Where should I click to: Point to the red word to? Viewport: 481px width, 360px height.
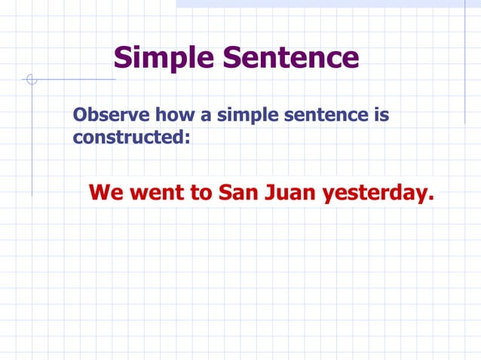click(x=201, y=193)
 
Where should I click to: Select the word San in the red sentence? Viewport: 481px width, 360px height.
click(x=238, y=193)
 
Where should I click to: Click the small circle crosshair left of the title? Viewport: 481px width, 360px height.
click(x=31, y=79)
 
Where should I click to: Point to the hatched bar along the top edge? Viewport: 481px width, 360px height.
click(x=328, y=4)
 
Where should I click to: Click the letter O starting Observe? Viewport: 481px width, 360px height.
click(x=80, y=117)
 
